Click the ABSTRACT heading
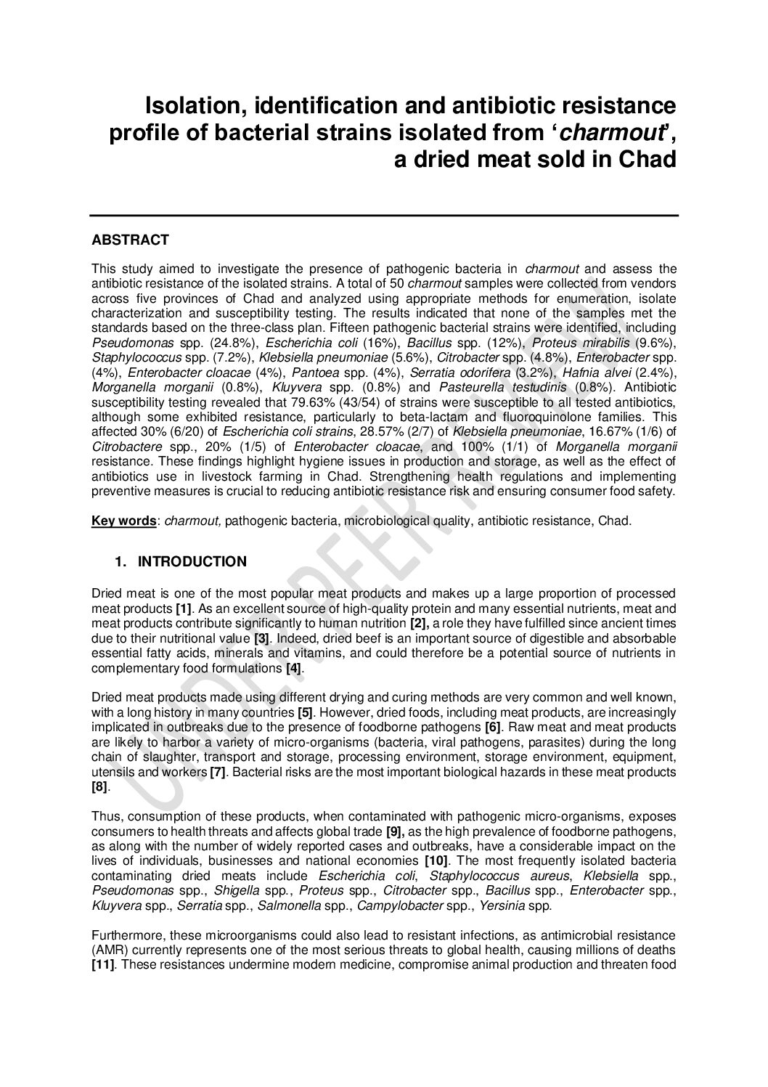tap(130, 240)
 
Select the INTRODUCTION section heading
tap(192, 561)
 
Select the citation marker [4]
tap(294, 667)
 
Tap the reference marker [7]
tap(217, 771)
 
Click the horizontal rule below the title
tap(384, 215)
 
